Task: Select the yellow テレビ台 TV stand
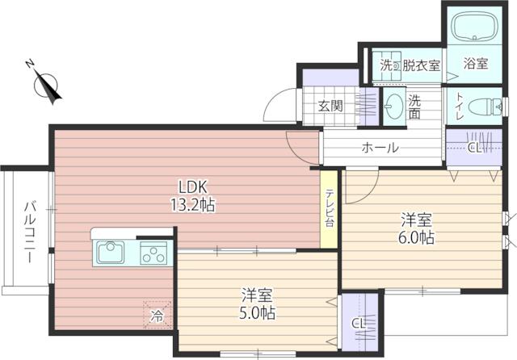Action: point(330,208)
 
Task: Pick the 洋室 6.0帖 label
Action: point(418,228)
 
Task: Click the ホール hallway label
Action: point(380,149)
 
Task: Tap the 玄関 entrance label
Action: point(329,106)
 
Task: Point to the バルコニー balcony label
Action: point(27,230)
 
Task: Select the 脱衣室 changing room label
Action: point(421,65)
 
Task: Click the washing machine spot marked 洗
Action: point(387,65)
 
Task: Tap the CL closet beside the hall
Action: point(475,148)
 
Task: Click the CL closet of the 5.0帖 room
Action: point(358,323)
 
